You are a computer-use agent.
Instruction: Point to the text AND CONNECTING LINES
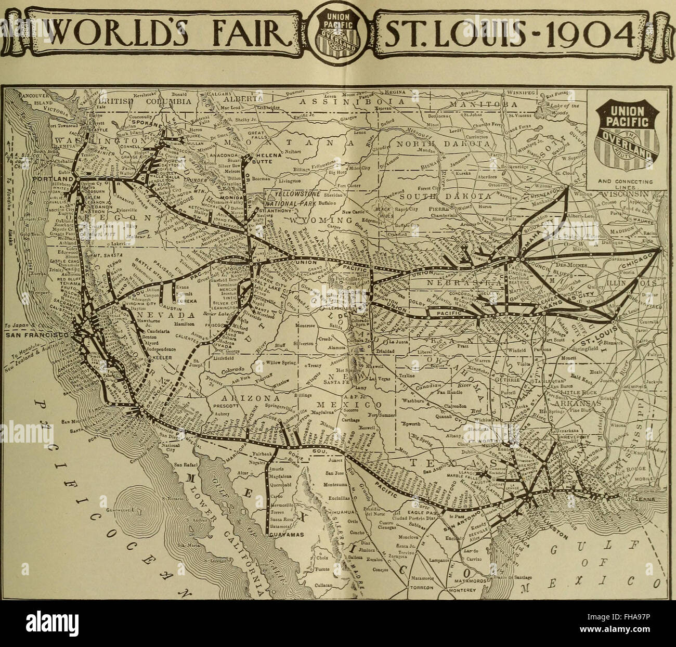tap(626, 184)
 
